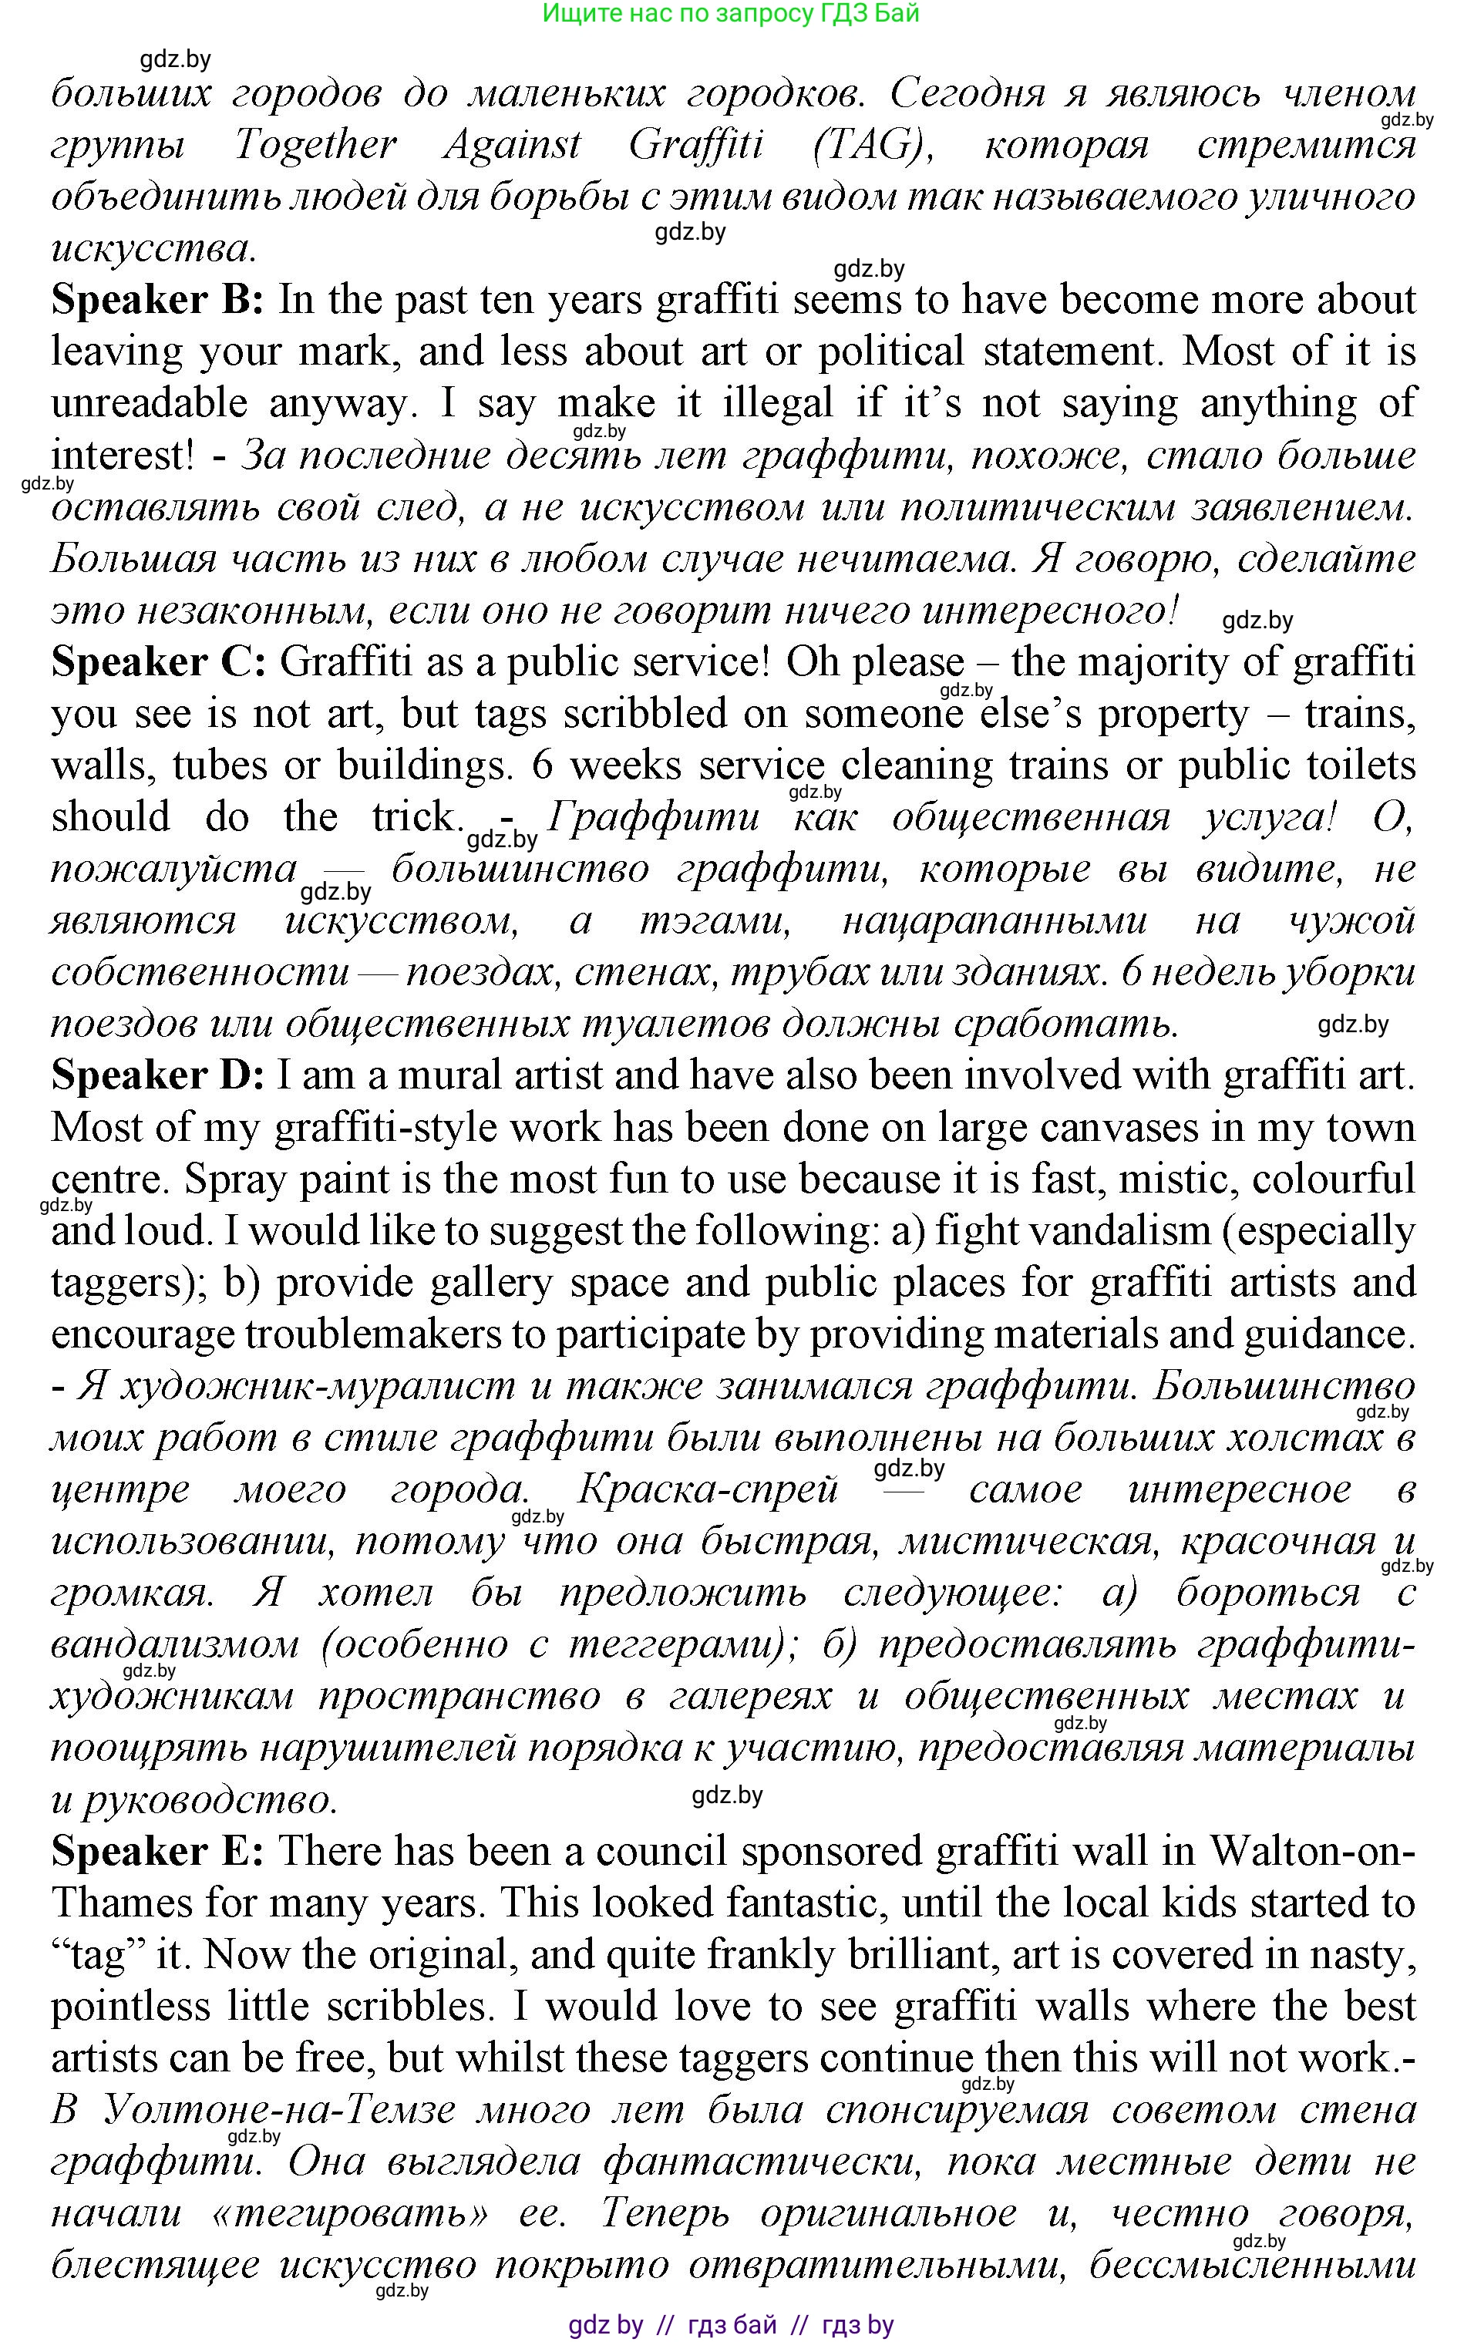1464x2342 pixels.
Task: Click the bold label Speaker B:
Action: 156,300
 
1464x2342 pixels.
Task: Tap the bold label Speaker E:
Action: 156,1851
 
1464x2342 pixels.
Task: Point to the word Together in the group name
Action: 315,145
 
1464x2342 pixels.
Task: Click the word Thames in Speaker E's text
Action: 120,1903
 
